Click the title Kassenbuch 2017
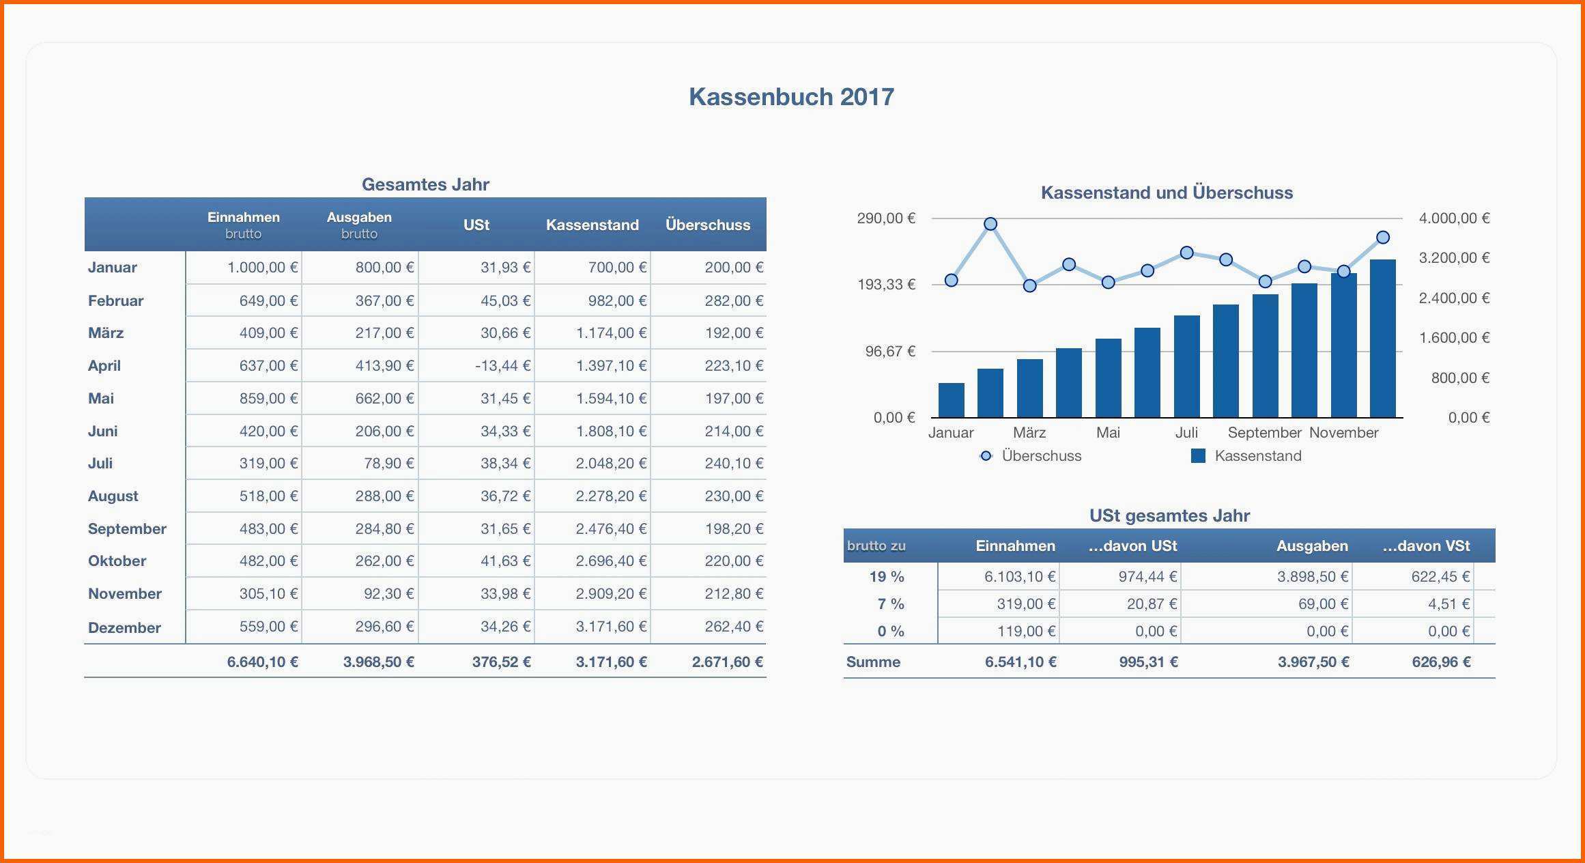point(791,97)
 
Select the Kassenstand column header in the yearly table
point(592,225)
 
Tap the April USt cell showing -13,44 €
point(502,366)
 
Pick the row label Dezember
point(124,627)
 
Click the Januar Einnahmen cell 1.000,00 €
point(262,268)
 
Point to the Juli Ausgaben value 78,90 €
point(388,464)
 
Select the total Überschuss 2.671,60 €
point(727,662)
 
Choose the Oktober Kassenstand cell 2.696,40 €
point(610,561)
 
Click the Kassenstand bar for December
point(1382,338)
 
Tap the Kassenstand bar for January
point(951,400)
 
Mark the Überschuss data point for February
point(990,224)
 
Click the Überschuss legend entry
point(1031,456)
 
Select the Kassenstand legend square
point(1198,456)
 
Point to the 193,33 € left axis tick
point(886,285)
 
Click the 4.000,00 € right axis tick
point(1454,218)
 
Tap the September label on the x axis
point(1264,433)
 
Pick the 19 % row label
point(887,577)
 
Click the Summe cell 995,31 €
point(1148,662)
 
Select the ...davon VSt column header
point(1426,546)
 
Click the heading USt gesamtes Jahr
point(1169,515)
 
